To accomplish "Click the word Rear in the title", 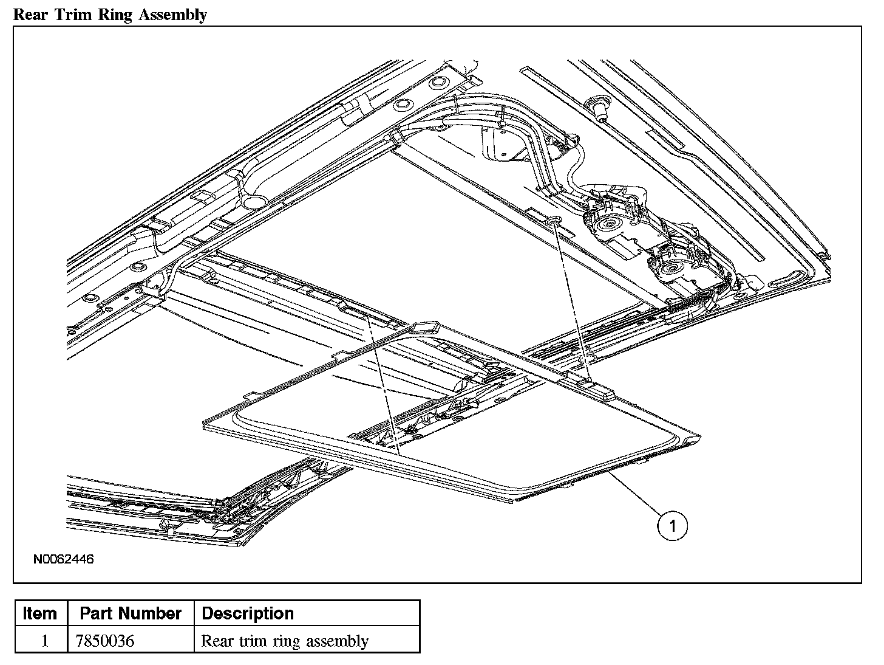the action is pos(30,15).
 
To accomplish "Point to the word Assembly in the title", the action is pos(173,15).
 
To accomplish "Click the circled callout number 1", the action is pos(672,526).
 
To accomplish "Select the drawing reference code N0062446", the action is pos(63,559).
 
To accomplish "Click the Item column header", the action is pos(39,613).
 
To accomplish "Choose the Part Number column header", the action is pos(131,613).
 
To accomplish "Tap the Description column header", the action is pos(248,613).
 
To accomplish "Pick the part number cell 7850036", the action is pos(104,641).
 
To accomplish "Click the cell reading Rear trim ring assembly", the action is pos(285,641).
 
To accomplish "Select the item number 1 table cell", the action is pos(45,641).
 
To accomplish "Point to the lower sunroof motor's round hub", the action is pos(670,267).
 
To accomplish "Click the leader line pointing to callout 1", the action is pos(636,494).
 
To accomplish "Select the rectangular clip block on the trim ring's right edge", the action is pos(599,391).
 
